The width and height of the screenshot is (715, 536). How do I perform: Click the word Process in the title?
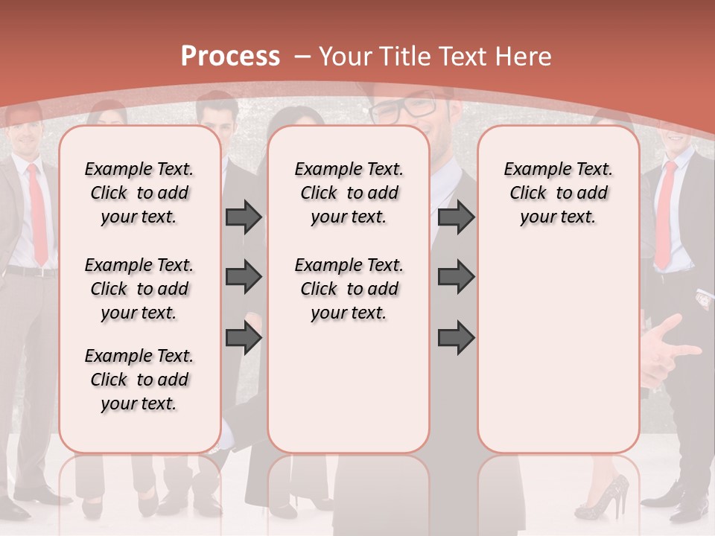(230, 57)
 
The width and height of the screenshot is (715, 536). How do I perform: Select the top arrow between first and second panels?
(244, 217)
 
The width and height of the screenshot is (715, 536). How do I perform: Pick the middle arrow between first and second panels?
(244, 278)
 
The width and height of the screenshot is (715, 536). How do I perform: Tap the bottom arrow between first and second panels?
(244, 339)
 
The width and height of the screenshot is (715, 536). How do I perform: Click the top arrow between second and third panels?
(456, 217)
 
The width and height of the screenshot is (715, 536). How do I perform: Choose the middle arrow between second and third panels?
(456, 278)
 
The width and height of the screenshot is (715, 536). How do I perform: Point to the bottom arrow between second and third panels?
(456, 339)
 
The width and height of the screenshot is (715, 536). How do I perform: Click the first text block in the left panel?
(139, 193)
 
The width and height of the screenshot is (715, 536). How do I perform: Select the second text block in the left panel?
(139, 289)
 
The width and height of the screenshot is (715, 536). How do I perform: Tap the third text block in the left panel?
(139, 380)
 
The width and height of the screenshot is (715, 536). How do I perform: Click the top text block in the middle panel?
(349, 193)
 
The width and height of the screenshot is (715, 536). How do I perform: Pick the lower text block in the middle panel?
(349, 289)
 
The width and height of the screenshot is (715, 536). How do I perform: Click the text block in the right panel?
(558, 193)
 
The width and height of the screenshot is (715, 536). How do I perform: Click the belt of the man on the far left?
(30, 271)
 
